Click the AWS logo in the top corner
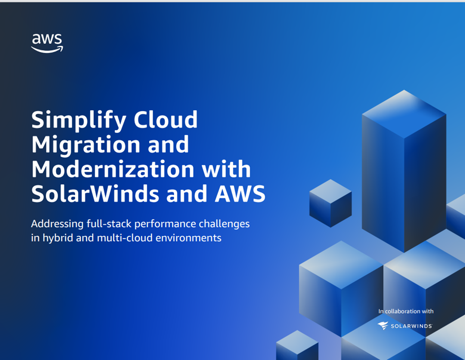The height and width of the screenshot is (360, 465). [x=47, y=43]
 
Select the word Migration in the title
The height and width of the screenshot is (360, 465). [x=89, y=146]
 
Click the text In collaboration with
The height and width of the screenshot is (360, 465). [x=406, y=311]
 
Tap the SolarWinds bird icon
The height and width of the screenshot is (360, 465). [x=383, y=325]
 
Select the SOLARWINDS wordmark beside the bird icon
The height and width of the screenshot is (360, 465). [x=411, y=326]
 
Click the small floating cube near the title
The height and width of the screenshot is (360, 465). [x=330, y=203]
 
